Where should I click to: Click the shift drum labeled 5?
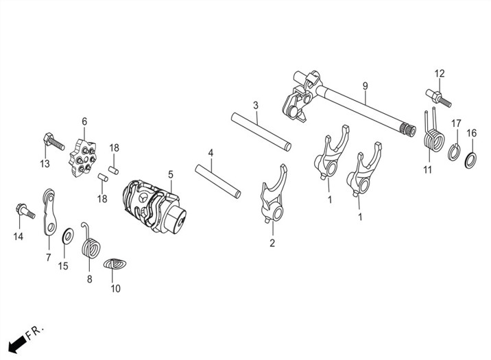[x=154, y=206]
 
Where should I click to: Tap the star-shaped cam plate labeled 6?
[x=82, y=158]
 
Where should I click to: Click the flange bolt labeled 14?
[x=25, y=211]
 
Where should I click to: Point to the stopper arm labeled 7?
[x=49, y=212]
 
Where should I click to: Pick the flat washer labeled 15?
[x=68, y=236]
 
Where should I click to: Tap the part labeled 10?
[x=115, y=263]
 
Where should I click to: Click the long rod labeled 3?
[x=261, y=132]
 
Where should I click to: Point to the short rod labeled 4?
[x=218, y=182]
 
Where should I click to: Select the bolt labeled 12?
[x=438, y=98]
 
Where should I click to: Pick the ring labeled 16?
[x=470, y=160]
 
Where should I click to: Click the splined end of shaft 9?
[x=408, y=130]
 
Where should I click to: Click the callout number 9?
[x=365, y=86]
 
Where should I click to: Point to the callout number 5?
[x=170, y=174]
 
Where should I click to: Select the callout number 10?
[x=115, y=288]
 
